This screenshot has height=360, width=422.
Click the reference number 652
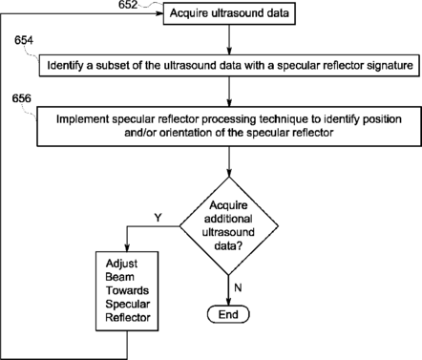pos(128,5)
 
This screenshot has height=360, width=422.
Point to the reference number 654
pos(24,40)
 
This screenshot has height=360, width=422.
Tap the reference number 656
pos(22,98)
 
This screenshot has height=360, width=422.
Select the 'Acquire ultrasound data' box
pos(229,13)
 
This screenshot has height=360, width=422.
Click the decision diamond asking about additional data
pos(229,226)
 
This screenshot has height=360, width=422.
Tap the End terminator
pos(228,314)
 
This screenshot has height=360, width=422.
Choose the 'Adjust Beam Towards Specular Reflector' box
pos(127,291)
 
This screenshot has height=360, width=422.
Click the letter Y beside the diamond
pos(158,218)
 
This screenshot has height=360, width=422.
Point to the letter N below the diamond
pos(238,287)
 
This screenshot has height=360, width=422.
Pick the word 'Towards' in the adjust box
pos(127,290)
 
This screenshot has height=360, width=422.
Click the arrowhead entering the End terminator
pos(228,302)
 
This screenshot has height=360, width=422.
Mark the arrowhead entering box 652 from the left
pos(159,13)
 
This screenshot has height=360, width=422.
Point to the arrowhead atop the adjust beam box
pos(127,248)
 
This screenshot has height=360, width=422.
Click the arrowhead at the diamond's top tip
pos(229,173)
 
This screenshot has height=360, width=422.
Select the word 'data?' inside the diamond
pos(228,245)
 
